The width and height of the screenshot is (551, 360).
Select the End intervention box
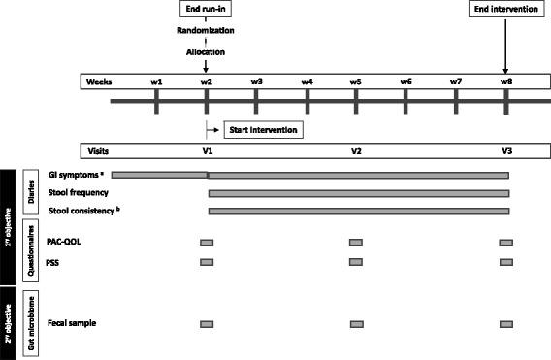pyautogui.click(x=505, y=10)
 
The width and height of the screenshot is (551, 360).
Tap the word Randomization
pyautogui.click(x=206, y=30)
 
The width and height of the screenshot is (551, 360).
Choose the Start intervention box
pyautogui.click(x=260, y=129)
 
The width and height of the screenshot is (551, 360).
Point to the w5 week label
pyautogui.click(x=356, y=81)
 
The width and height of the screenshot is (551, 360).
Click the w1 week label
pyautogui.click(x=156, y=81)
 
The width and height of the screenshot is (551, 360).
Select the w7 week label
pyautogui.click(x=456, y=81)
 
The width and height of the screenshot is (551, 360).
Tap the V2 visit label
pyautogui.click(x=356, y=152)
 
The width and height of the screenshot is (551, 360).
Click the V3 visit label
pyautogui.click(x=506, y=152)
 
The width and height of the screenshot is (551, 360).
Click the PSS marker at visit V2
pyautogui.click(x=356, y=261)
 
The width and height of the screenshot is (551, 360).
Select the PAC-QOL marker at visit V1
pyautogui.click(x=206, y=242)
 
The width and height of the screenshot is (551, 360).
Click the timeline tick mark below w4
pyautogui.click(x=307, y=101)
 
